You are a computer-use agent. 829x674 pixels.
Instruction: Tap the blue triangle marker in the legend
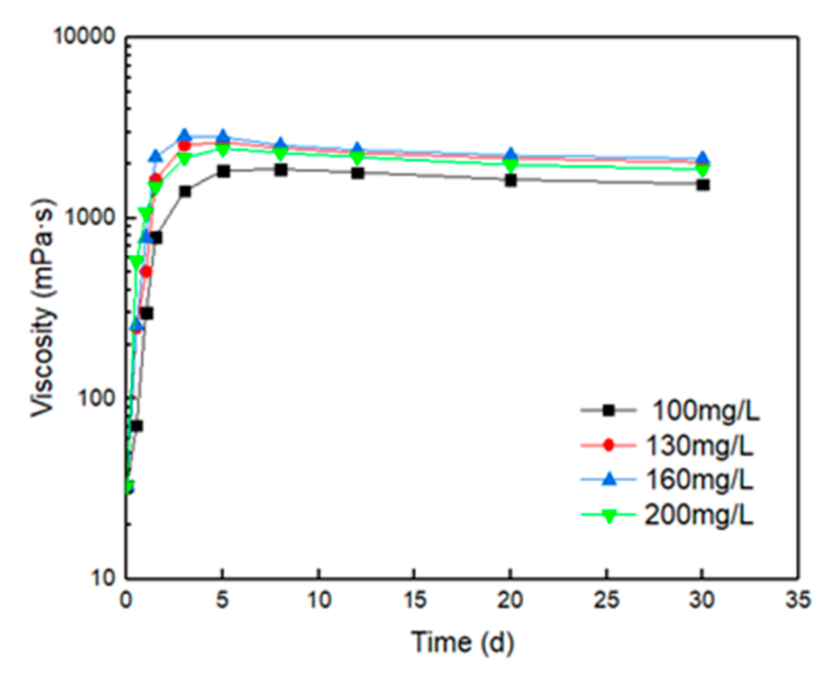coord(609,479)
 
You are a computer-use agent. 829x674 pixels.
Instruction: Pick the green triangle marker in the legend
coord(609,515)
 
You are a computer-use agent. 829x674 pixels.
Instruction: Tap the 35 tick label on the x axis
coord(797,601)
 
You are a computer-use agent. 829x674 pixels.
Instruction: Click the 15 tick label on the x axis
coord(414,601)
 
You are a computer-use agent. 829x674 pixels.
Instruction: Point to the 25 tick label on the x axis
coord(606,601)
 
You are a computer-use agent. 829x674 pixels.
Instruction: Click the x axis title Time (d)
coord(462,642)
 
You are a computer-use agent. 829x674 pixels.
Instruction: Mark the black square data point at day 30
coord(703,184)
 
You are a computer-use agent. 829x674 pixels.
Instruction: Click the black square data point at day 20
coord(511,180)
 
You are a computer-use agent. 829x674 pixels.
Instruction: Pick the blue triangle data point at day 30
coord(703,158)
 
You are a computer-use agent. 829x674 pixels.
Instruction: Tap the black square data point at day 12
coord(358,173)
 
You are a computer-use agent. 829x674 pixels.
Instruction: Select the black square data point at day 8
coord(281,170)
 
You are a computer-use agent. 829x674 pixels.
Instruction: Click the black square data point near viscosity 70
coord(136,426)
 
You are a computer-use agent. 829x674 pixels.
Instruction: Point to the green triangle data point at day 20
coord(511,165)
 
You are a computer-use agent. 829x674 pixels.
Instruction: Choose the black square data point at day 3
coord(185,191)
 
